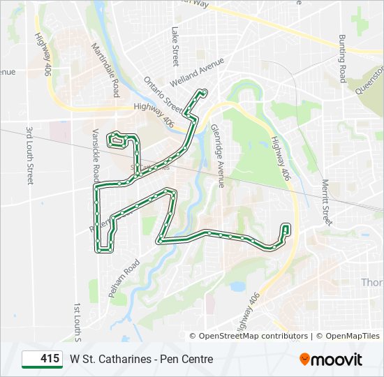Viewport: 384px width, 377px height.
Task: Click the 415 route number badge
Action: [43, 359]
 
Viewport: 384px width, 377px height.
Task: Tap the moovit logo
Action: [331, 359]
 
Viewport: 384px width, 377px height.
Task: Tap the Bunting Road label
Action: [342, 59]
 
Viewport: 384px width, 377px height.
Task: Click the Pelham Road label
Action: [124, 279]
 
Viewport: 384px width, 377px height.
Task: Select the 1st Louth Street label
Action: [78, 325]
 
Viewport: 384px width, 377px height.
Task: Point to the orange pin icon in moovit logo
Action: [305, 360]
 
